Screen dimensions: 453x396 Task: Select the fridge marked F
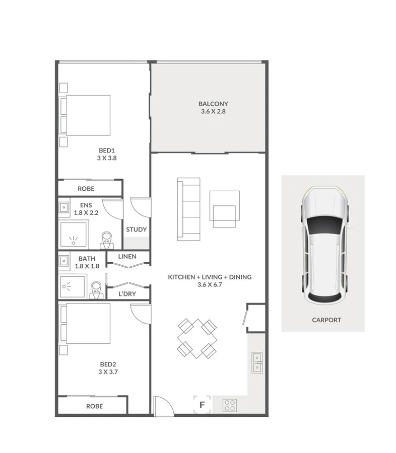[203, 404]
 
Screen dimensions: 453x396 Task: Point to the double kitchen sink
[257, 362]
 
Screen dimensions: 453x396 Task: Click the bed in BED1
[86, 115]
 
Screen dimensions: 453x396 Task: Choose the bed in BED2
[85, 323]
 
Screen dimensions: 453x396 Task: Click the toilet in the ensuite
[107, 240]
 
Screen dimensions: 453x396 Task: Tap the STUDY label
[137, 230]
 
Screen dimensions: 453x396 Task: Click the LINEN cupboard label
[127, 257]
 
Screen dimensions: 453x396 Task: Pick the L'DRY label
[127, 293]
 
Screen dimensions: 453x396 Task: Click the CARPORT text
[326, 320]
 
